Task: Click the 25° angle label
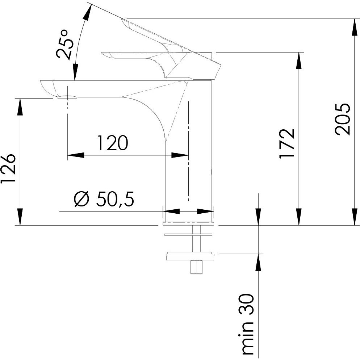point(65,44)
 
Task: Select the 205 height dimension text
point(342,119)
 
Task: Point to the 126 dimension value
point(8,168)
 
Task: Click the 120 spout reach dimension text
point(113,143)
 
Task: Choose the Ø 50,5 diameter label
point(104,198)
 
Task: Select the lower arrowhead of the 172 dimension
point(299,217)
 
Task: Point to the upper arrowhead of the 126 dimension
point(20,107)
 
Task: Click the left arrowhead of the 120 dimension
point(76,155)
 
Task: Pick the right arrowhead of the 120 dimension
point(180,155)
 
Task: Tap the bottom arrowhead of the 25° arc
point(75,72)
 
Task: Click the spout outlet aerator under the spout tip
point(67,97)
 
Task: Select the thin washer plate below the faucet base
point(188,235)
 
